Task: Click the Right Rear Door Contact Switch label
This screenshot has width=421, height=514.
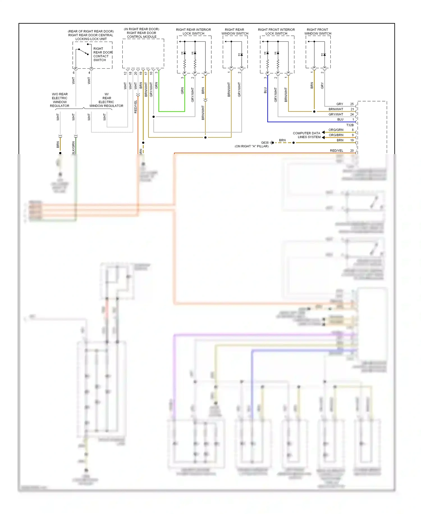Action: point(102,54)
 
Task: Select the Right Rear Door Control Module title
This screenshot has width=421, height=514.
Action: point(141,33)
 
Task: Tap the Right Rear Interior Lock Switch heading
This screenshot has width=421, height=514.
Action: point(193,31)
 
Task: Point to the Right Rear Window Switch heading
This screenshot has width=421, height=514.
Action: point(235,31)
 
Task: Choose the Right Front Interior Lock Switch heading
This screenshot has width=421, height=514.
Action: point(276,31)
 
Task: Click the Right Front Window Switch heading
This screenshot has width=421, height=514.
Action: point(318,31)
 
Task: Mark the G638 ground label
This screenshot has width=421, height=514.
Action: point(265,143)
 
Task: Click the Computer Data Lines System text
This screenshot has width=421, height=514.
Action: point(306,135)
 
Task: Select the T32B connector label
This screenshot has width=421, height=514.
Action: point(350,125)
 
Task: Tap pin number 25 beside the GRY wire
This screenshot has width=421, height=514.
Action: point(352,104)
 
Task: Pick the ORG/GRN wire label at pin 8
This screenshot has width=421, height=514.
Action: point(336,130)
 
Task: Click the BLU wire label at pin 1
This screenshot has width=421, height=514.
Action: point(340,120)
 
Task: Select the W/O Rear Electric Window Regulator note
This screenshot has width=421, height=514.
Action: point(60,100)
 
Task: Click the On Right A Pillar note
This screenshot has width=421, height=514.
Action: point(251,146)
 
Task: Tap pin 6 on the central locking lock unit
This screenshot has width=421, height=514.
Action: point(74,73)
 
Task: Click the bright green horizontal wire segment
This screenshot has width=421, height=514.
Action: point(171,112)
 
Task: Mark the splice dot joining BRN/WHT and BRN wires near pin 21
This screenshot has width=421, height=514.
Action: point(314,112)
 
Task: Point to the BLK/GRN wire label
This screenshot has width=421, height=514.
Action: point(73,148)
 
